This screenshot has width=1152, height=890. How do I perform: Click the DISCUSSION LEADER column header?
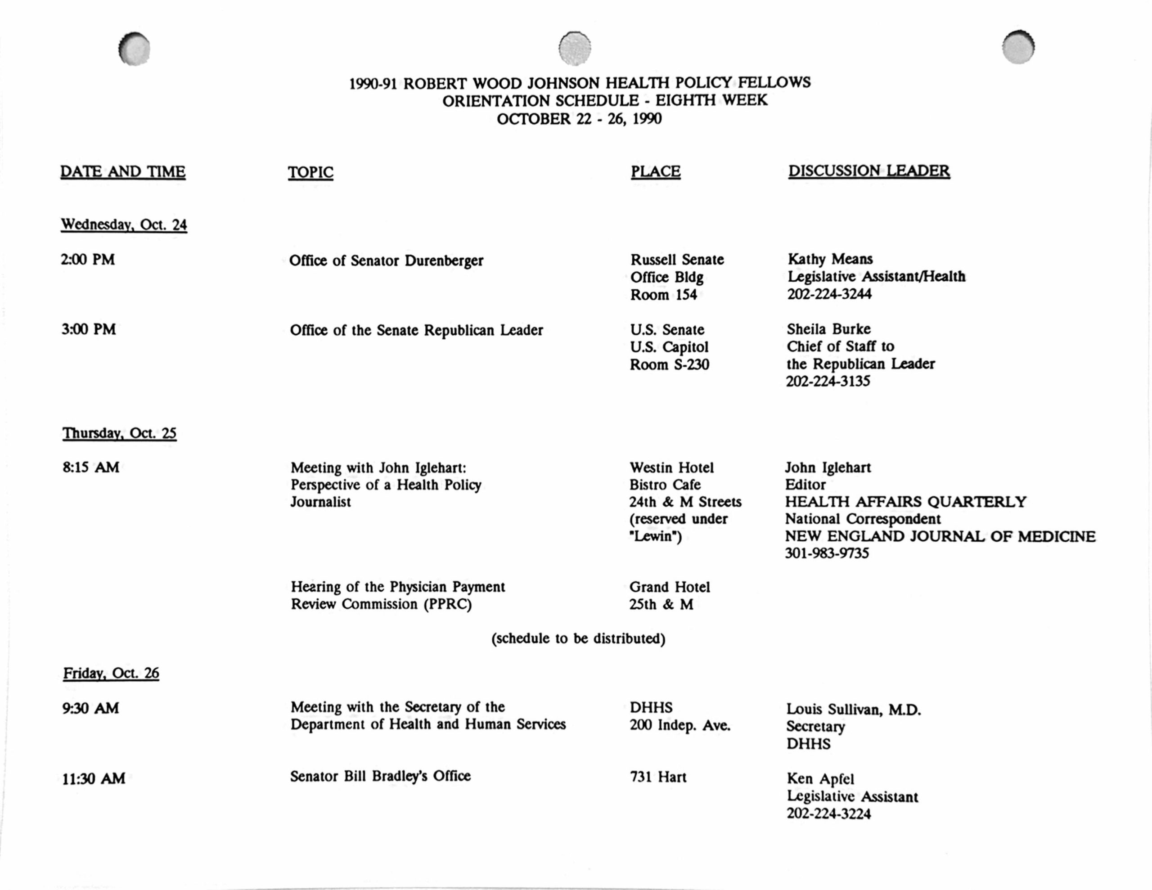[869, 171]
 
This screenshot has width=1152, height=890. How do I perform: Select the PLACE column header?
[655, 171]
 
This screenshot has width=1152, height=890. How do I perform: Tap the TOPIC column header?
[310, 172]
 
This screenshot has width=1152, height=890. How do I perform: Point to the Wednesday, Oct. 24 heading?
[124, 225]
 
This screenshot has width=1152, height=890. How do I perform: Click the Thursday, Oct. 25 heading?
[119, 433]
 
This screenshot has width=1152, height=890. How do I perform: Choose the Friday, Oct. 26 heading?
[111, 673]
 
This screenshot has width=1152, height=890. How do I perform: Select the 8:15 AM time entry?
[91, 467]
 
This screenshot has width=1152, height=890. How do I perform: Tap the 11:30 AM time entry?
[94, 779]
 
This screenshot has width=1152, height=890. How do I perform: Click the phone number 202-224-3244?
[829, 294]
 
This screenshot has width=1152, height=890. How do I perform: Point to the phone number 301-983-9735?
[827, 553]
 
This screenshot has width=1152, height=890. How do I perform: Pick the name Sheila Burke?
[828, 329]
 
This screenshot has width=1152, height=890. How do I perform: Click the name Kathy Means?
[830, 259]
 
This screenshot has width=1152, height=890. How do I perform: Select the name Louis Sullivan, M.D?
[854, 710]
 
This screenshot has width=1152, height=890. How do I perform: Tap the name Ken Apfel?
[820, 779]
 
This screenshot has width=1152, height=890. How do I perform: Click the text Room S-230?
[669, 364]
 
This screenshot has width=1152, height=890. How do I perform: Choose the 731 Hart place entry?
[658, 777]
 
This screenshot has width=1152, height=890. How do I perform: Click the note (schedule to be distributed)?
[578, 639]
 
